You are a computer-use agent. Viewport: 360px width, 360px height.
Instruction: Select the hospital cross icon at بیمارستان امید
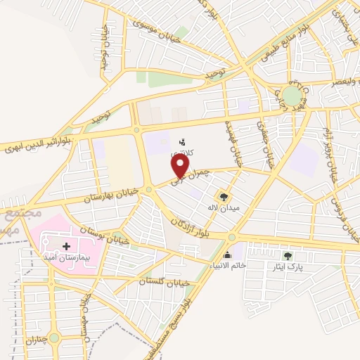coord(67,246)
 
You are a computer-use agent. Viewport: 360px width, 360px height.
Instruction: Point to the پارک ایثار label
coord(286,267)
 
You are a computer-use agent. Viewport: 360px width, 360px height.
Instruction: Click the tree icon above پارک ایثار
coord(286,255)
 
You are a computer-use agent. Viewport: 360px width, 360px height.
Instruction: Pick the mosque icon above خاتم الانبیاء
coord(226,255)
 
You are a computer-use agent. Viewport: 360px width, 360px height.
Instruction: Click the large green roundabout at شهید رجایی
coord(292,96)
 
